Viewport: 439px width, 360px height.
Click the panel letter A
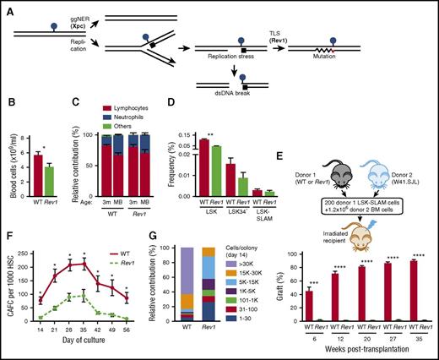(x=8, y=6)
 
